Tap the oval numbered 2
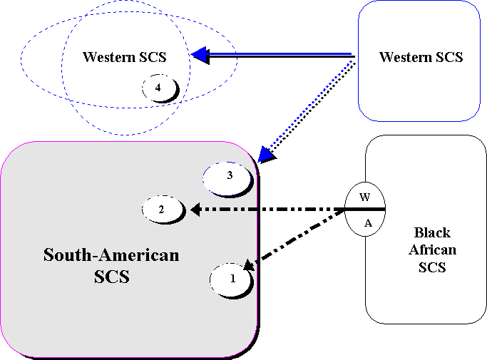pos(163,210)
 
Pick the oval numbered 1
pos(232,279)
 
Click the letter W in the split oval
pos(364,197)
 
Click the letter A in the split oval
pos(368,222)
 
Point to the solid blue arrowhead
pos(199,55)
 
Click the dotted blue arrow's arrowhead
pos(265,155)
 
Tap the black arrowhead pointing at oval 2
pos(195,210)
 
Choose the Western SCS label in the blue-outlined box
pos(421,57)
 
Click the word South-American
pos(111,255)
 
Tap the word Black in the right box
pos(432,233)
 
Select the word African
pos(432,250)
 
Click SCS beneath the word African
pos(432,267)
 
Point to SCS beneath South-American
pos(111,277)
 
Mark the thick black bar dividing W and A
pos(365,209)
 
